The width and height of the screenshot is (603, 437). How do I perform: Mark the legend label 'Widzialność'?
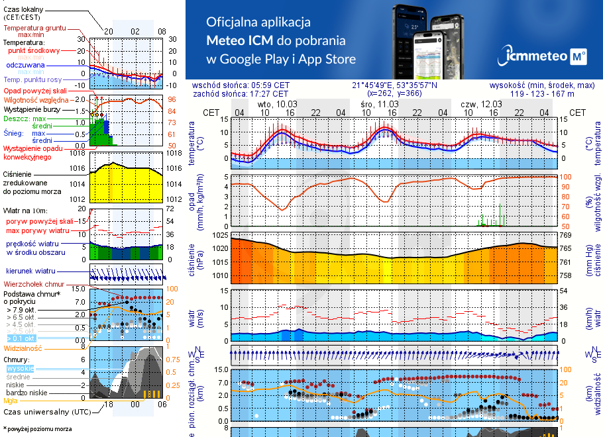point(23,348)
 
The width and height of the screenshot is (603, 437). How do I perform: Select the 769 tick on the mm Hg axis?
point(566,235)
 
